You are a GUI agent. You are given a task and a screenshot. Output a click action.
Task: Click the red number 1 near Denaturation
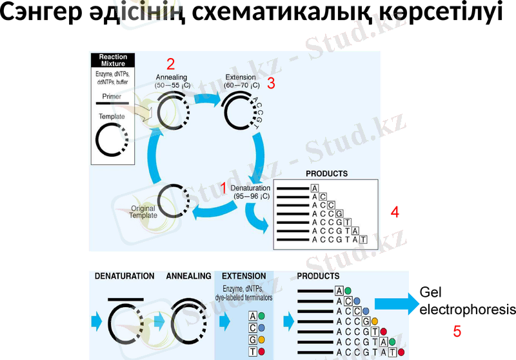[x=223, y=188]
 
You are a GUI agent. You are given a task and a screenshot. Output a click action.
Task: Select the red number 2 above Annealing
[x=170, y=64]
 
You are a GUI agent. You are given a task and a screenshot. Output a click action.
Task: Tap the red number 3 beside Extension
[x=271, y=83]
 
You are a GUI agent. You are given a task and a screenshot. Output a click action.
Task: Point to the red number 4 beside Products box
[x=395, y=212]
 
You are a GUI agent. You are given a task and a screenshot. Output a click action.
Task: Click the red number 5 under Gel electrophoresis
[x=457, y=332]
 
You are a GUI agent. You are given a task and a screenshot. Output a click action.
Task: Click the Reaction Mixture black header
[x=113, y=61]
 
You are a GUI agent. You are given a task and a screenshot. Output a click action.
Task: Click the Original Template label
[x=143, y=212]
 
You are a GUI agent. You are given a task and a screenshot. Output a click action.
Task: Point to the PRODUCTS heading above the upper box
[x=326, y=174]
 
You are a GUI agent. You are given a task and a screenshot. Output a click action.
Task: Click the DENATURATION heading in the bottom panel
[x=124, y=276]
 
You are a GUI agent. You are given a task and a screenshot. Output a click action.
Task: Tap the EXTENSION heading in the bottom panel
[x=244, y=276]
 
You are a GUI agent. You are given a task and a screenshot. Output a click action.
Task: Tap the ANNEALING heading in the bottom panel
[x=189, y=276]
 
